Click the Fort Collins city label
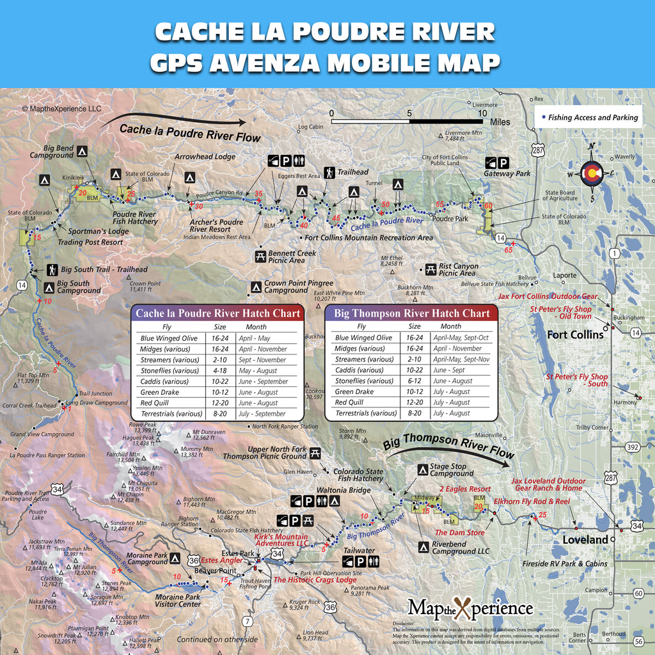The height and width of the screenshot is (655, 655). (575, 335)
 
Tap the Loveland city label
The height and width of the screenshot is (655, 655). (585, 540)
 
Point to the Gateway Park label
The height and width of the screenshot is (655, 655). (507, 173)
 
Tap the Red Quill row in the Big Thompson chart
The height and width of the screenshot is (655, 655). (409, 402)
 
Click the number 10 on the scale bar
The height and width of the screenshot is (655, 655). (481, 113)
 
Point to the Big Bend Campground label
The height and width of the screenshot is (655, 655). (51, 152)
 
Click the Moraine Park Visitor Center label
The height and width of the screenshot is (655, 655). (178, 601)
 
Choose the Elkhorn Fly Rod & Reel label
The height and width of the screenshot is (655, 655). (531, 501)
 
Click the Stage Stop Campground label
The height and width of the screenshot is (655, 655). (452, 470)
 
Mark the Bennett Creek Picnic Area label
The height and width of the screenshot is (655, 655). (292, 257)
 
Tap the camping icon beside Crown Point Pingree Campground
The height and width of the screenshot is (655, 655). (256, 286)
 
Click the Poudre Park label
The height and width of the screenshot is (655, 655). (450, 219)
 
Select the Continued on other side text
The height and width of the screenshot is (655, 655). (217, 639)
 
